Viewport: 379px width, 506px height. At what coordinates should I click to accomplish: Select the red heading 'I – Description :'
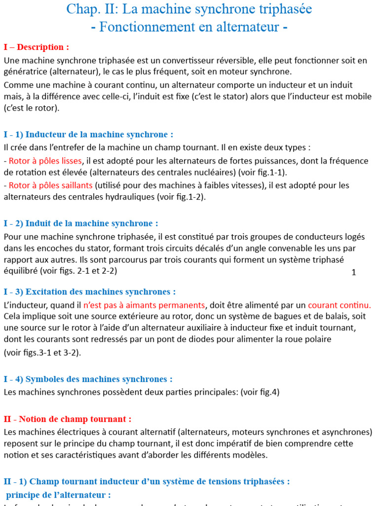pyautogui.click(x=36, y=47)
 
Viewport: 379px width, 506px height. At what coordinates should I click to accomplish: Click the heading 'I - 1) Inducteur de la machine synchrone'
pyautogui.click(x=88, y=134)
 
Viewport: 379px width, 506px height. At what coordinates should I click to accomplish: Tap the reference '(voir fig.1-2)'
pyautogui.click(x=181, y=197)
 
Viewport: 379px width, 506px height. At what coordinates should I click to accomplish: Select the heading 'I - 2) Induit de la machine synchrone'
pyautogui.click(x=81, y=223)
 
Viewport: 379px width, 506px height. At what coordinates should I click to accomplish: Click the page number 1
pyautogui.click(x=354, y=273)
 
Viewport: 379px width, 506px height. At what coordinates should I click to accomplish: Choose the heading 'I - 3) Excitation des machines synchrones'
pyautogui.click(x=89, y=292)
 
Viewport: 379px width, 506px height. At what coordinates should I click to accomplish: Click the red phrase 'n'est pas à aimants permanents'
pyautogui.click(x=144, y=305)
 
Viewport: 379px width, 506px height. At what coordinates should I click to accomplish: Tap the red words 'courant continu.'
pyautogui.click(x=340, y=305)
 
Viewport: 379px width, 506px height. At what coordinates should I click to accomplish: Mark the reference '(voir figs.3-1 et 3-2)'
pyautogui.click(x=42, y=352)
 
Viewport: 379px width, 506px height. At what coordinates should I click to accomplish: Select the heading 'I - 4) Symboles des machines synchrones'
pyautogui.click(x=88, y=379)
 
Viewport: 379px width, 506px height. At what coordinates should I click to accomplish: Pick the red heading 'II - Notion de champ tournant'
pyautogui.click(x=68, y=419)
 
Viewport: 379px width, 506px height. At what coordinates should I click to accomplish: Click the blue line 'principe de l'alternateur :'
pyautogui.click(x=59, y=495)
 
